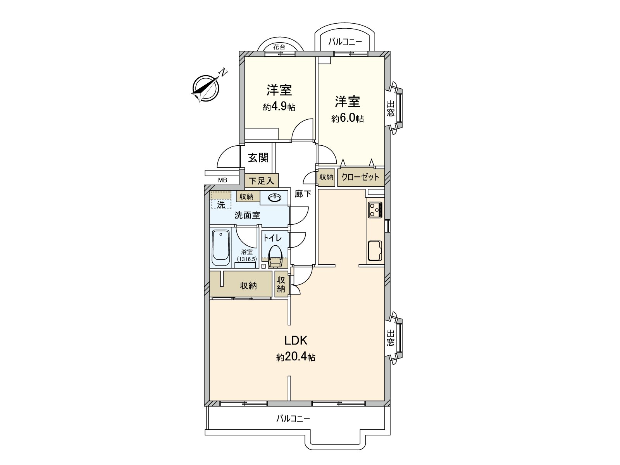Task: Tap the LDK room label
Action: tap(296, 341)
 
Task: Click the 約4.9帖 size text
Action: tap(279, 107)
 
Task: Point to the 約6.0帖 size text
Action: tap(347, 118)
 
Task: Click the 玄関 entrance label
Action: tap(258, 158)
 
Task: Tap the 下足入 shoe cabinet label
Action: tap(261, 181)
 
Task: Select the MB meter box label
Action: tap(222, 180)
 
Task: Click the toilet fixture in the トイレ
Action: tap(275, 256)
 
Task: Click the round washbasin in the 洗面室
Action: tap(275, 198)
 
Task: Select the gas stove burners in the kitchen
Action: tap(375, 210)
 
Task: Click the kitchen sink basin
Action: tap(375, 251)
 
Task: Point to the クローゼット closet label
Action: tap(360, 177)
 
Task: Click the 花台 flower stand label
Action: tap(279, 47)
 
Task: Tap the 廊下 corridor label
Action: tap(303, 194)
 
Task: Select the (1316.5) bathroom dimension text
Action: tap(247, 259)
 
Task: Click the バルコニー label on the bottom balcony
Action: tap(293, 418)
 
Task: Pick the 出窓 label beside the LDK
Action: tap(390, 338)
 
